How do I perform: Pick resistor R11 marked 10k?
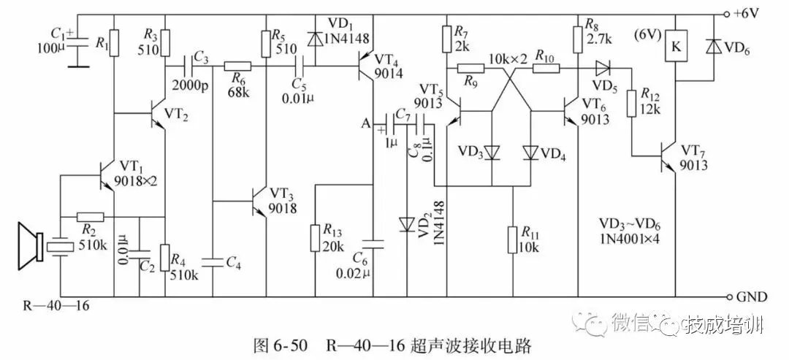(514, 239)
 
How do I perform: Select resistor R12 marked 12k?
(632, 102)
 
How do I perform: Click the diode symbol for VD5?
(603, 69)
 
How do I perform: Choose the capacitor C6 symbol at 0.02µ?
(373, 242)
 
